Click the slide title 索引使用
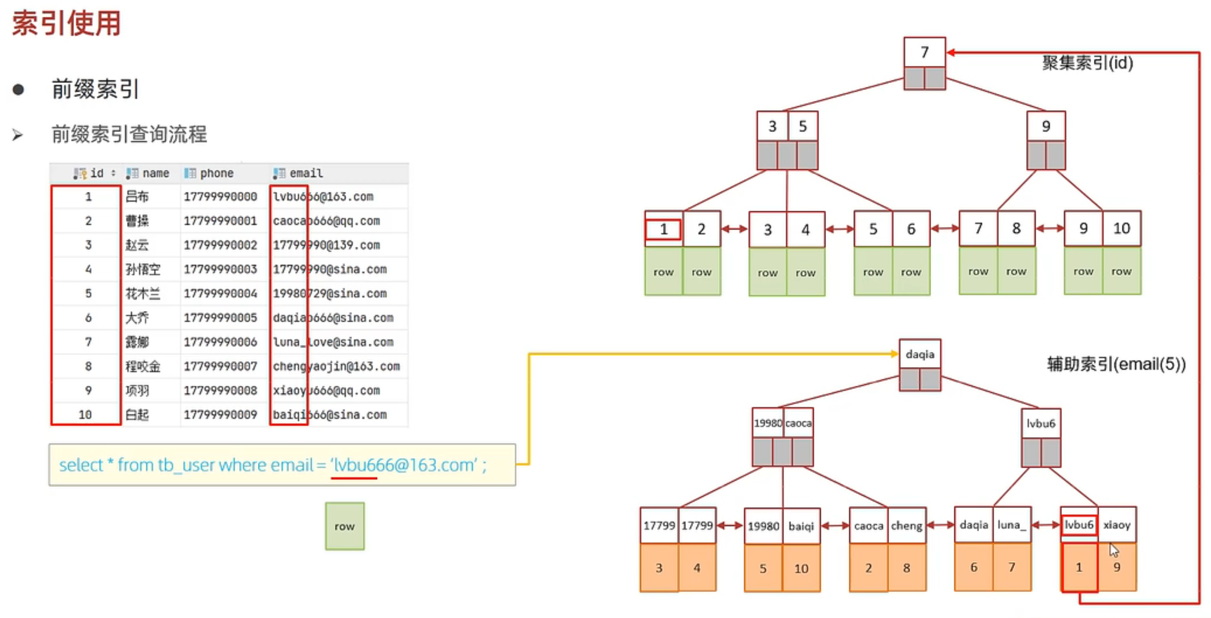pyautogui.click(x=66, y=23)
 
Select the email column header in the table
pyautogui.click(x=306, y=173)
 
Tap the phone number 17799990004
pyautogui.click(x=220, y=294)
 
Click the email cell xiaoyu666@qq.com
pyautogui.click(x=326, y=391)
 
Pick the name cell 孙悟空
pyautogui.click(x=143, y=269)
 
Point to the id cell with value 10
pyautogui.click(x=85, y=415)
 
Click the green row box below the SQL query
pyautogui.click(x=344, y=526)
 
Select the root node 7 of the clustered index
pyautogui.click(x=924, y=52)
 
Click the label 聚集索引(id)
pyautogui.click(x=1088, y=63)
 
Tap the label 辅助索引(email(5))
pyautogui.click(x=1116, y=364)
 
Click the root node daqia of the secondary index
pyautogui.click(x=920, y=354)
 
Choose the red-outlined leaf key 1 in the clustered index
pyautogui.click(x=663, y=229)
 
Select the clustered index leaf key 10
pyautogui.click(x=1121, y=229)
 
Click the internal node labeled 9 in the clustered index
pyautogui.click(x=1045, y=126)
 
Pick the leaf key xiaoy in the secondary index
pyautogui.click(x=1116, y=525)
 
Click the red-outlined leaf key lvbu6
pyautogui.click(x=1079, y=525)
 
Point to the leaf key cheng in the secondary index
pyautogui.click(x=906, y=525)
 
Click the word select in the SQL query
pyautogui.click(x=80, y=465)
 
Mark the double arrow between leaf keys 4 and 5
pyautogui.click(x=839, y=229)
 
